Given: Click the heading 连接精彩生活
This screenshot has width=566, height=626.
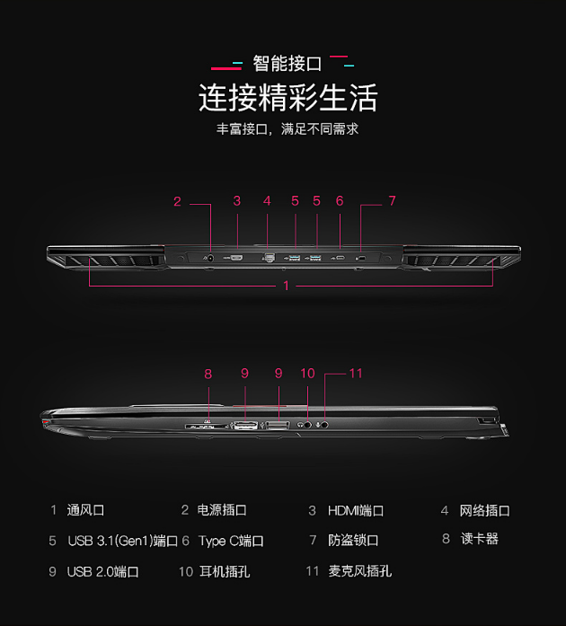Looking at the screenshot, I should pos(287,97).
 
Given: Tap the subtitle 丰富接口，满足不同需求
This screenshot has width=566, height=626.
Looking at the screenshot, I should pos(287,129).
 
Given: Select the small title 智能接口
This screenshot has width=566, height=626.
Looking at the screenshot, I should pos(287,64).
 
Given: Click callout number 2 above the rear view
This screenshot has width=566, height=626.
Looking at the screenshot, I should pos(178,201).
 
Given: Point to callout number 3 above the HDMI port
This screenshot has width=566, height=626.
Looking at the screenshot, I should pos(237,201).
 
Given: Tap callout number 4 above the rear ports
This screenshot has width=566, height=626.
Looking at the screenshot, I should pos(267,201).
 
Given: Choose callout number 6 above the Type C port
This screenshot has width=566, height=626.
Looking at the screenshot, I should pos(340,201).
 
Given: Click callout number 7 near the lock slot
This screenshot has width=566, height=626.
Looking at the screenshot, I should pos(392,201).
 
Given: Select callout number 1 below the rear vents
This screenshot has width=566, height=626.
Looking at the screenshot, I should pos(287,286).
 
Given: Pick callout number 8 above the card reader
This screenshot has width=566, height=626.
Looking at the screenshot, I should pos(208,373).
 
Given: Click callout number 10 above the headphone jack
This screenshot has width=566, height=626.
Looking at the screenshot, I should pos(307,373).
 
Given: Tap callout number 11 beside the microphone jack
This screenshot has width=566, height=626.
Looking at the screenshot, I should pos(356,373).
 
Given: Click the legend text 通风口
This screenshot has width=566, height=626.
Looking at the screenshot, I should pos(86,510).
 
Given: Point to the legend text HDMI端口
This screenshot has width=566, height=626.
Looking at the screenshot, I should pos(356,510).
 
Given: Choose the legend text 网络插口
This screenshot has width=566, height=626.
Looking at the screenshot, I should pos(485,510).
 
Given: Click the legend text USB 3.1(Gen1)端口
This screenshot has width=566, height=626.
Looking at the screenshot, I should pos(123,541).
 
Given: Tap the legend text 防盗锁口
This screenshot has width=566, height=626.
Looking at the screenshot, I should pos(353,541).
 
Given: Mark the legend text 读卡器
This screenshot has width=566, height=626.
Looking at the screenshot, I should pos(480,539).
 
